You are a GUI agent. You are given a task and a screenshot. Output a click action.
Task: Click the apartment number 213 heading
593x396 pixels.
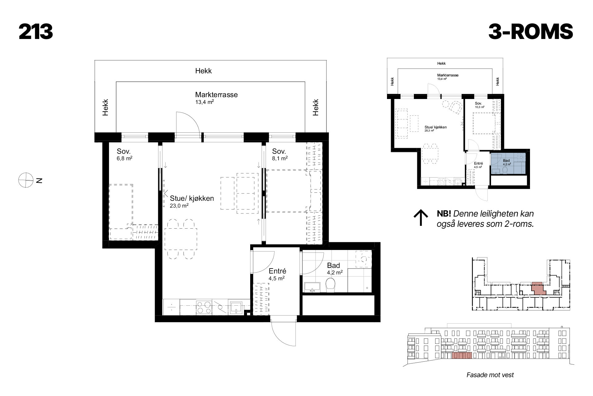click(36, 32)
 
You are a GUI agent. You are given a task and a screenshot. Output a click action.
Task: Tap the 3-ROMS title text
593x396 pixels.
click(531, 32)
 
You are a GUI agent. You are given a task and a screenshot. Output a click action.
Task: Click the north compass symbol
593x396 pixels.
click(25, 180)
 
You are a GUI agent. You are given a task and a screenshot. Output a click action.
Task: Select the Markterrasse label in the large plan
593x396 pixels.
click(216, 95)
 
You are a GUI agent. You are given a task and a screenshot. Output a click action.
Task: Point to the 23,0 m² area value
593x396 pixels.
click(179, 205)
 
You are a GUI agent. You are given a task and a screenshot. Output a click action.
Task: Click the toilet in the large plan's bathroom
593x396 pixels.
click(331, 285)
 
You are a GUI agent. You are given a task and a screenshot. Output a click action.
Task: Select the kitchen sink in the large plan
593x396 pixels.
click(237, 307)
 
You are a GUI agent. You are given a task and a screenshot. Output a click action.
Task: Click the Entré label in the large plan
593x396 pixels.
click(277, 271)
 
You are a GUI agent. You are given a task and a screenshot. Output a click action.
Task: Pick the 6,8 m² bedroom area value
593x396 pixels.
click(124, 158)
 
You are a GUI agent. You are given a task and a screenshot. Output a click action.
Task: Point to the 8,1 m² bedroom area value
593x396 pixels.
click(280, 158)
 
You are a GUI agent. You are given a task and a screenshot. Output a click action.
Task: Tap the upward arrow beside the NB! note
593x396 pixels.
click(421, 218)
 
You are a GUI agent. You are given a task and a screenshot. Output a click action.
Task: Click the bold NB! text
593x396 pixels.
click(444, 214)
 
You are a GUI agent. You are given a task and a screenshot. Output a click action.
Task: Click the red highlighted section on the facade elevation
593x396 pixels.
click(462, 355)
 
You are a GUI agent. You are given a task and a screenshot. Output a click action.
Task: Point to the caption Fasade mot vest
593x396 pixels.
click(490, 375)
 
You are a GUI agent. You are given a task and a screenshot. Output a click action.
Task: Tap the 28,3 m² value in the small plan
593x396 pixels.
click(429, 131)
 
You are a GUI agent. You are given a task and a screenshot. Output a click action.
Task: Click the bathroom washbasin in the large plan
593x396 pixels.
click(313, 287)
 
